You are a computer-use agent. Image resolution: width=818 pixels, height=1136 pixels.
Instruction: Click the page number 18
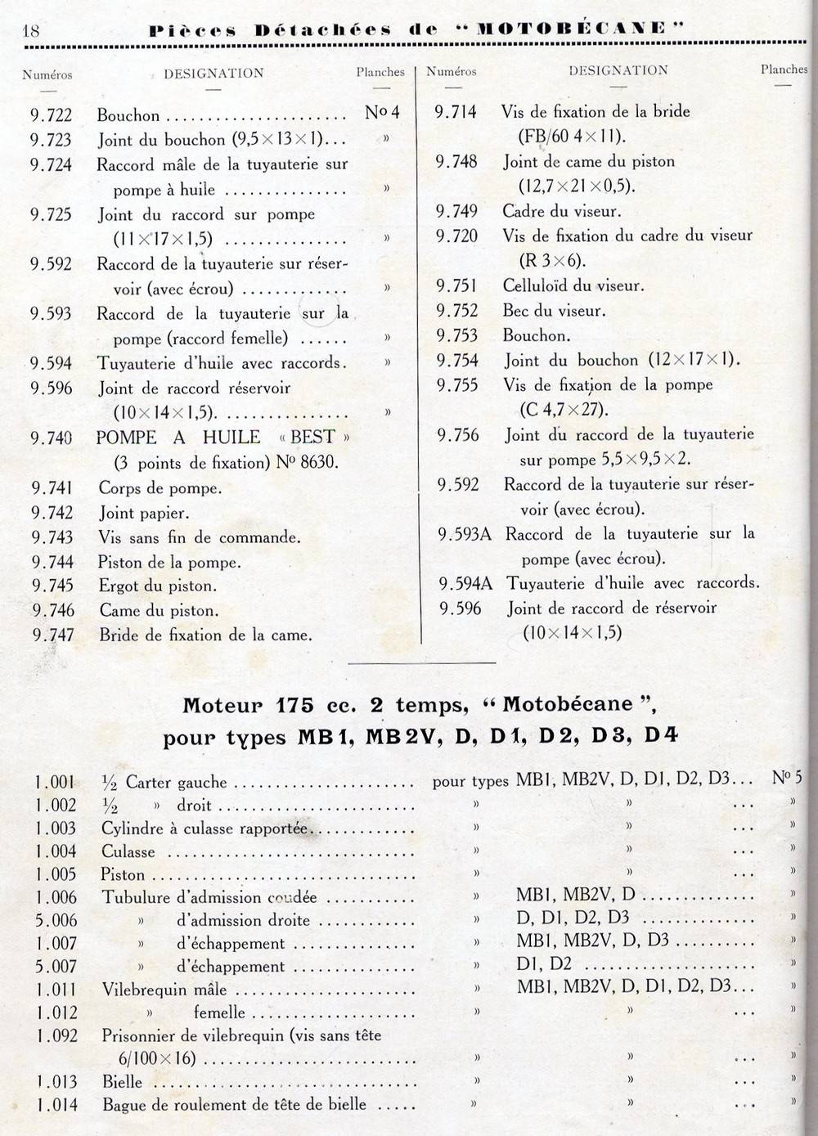(30, 31)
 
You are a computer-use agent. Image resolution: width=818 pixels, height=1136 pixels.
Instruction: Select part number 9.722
(52, 115)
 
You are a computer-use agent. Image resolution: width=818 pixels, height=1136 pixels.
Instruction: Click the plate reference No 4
(382, 112)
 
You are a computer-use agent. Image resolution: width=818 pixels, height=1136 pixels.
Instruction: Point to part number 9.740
(52, 438)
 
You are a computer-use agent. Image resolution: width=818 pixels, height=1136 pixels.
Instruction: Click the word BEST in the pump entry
(312, 437)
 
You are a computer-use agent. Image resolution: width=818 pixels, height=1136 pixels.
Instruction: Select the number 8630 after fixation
(320, 463)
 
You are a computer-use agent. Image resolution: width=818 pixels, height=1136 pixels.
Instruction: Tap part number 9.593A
(465, 534)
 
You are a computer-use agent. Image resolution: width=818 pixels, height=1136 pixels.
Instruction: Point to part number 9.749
(456, 211)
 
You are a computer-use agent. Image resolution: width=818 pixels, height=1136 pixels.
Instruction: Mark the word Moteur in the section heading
(222, 705)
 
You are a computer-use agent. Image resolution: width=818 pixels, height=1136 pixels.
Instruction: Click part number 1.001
(56, 782)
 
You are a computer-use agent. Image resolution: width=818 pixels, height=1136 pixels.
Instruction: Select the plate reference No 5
(786, 777)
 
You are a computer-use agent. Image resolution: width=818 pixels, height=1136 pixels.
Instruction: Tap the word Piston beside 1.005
(123, 874)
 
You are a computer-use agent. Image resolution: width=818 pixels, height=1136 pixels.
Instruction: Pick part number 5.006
(56, 920)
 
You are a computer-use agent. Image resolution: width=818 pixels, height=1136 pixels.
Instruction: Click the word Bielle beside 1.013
(122, 1081)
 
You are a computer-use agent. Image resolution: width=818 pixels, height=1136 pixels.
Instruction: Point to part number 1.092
(56, 1036)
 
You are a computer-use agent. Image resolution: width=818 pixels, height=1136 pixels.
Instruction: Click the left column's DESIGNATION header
(213, 74)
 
